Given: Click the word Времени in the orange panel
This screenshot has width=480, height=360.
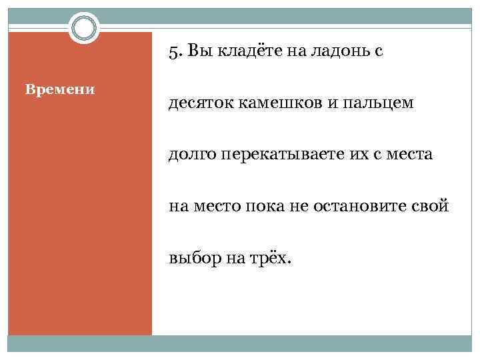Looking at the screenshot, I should coord(59,89).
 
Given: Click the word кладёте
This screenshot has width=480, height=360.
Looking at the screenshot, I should coord(234,51).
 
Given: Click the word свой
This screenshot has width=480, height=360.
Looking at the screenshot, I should coord(434,207).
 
